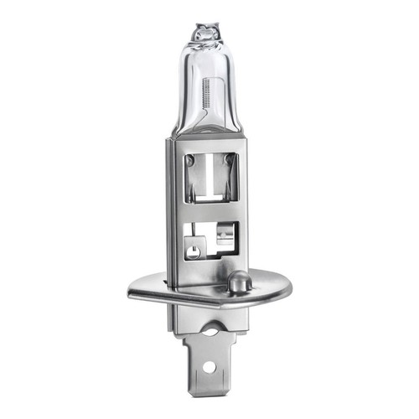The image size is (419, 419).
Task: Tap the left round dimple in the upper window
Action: [x=192, y=160]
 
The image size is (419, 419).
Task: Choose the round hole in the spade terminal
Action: [x=206, y=367]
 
